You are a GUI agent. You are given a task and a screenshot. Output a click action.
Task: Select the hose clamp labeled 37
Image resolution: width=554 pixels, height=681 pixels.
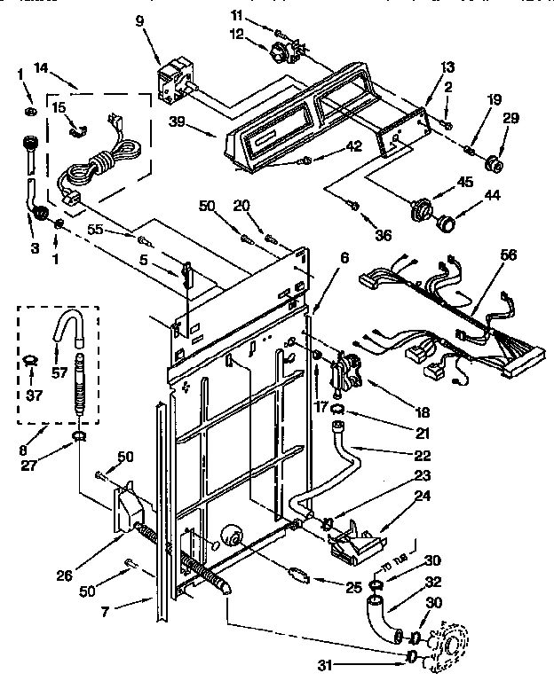(x=32, y=359)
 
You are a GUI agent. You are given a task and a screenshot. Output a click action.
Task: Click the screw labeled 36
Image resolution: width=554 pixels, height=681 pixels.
(x=354, y=206)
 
